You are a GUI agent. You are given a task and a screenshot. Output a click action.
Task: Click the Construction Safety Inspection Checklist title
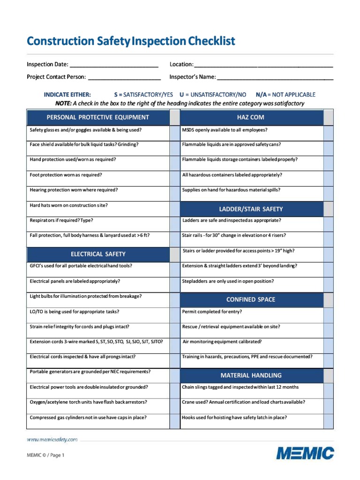(131, 41)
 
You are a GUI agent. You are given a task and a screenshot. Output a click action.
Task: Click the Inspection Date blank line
(113, 65)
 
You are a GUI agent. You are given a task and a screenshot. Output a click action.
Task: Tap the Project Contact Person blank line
(124, 77)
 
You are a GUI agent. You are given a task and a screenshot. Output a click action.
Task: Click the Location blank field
(263, 65)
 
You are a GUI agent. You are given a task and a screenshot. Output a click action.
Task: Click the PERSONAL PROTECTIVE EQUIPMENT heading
(97, 117)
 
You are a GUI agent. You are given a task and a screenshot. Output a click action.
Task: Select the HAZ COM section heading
(251, 117)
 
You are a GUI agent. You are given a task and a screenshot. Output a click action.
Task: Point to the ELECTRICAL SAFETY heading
(98, 254)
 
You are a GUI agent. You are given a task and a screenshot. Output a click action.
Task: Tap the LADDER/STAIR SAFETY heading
(251, 209)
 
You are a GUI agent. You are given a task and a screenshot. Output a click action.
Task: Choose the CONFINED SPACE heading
(251, 300)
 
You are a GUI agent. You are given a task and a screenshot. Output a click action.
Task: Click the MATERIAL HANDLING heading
(251, 375)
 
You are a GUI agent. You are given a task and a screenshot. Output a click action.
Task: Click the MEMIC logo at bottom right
(305, 453)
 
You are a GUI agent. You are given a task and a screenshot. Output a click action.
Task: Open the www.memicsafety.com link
(52, 440)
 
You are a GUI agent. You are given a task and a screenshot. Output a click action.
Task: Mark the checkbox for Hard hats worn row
(174, 209)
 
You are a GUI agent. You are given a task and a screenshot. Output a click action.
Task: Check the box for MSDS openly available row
(328, 133)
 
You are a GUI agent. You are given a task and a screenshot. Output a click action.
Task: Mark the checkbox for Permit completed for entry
(328, 314)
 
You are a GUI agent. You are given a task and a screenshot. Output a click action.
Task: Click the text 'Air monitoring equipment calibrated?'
(222, 342)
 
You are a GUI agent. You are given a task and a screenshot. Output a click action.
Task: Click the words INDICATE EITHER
(67, 95)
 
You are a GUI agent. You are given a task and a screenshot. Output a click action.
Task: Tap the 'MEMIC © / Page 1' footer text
(45, 455)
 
